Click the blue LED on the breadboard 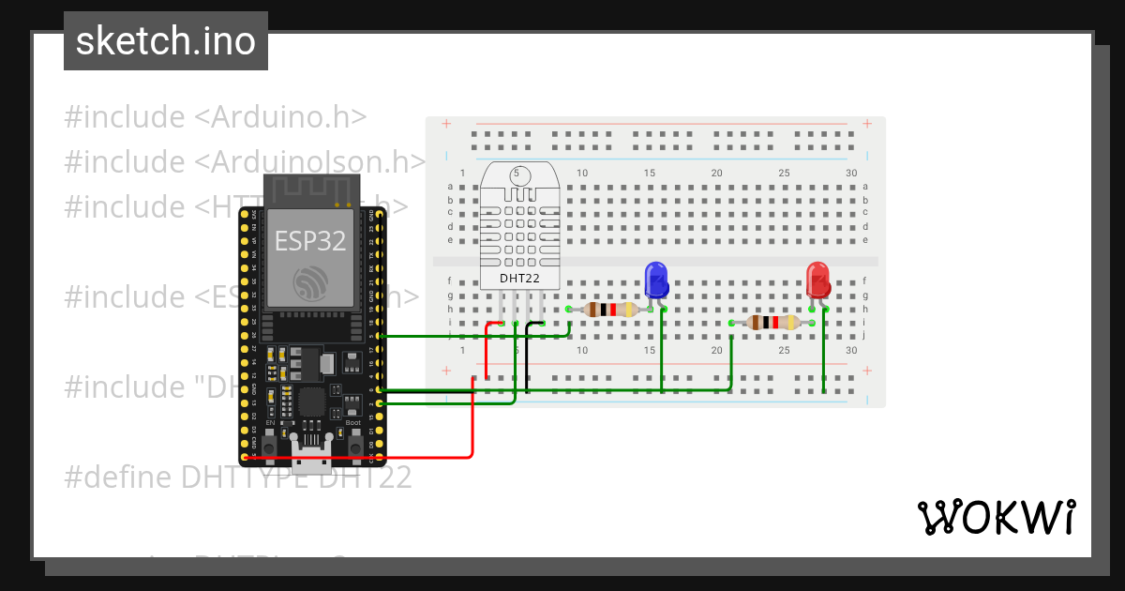655,280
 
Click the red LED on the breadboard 817,280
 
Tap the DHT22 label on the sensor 519,278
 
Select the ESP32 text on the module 310,240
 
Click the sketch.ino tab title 166,41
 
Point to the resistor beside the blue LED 610,310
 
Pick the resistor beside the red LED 772,323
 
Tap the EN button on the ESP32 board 270,447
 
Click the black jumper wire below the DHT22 527,356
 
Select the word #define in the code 118,477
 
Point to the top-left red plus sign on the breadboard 446,124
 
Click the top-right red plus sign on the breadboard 868,124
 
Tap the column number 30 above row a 851,174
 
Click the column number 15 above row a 650,174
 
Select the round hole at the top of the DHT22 519,175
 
